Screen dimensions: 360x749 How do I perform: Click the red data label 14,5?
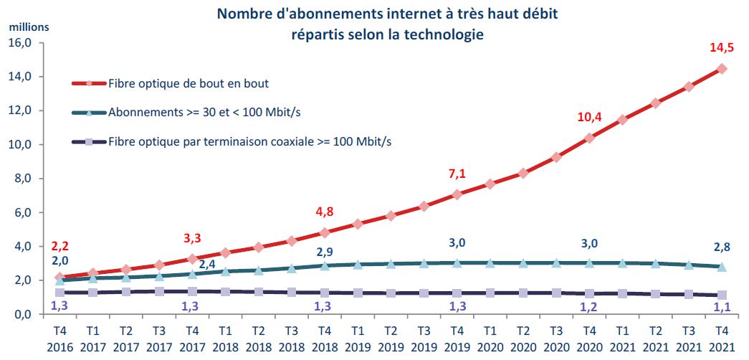720,49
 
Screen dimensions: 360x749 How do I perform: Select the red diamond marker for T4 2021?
722,69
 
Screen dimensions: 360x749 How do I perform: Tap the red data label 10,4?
588,117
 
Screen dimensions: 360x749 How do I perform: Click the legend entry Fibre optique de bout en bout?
188,83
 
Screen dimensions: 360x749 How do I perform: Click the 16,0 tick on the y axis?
21,43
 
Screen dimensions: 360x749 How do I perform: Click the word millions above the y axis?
29,27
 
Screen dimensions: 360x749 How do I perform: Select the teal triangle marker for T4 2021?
722,266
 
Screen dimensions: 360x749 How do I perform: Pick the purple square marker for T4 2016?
59,293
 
